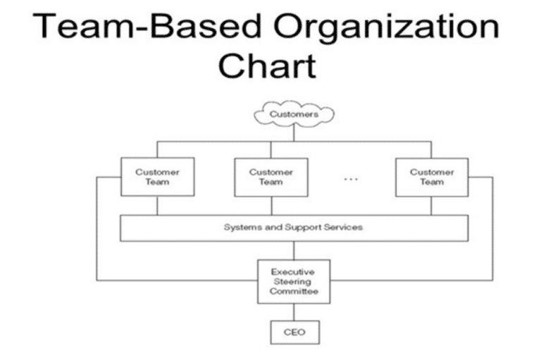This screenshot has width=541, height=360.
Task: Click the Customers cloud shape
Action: click(x=294, y=113)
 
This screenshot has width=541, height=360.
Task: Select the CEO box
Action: click(x=294, y=331)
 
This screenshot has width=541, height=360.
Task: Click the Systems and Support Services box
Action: click(x=294, y=228)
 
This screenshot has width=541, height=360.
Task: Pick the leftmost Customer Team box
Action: click(x=157, y=177)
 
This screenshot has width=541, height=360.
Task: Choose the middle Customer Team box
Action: click(x=270, y=177)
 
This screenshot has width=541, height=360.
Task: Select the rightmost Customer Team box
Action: click(x=432, y=177)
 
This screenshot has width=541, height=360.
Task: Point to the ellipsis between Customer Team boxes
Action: click(x=351, y=179)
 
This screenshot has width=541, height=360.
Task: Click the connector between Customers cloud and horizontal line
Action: click(x=294, y=134)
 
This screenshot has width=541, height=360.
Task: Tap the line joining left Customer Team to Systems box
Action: click(x=157, y=205)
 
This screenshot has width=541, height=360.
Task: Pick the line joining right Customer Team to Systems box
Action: click(x=432, y=205)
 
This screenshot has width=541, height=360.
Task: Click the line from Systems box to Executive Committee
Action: click(x=294, y=250)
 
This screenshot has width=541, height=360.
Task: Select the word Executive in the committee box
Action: click(x=294, y=271)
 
